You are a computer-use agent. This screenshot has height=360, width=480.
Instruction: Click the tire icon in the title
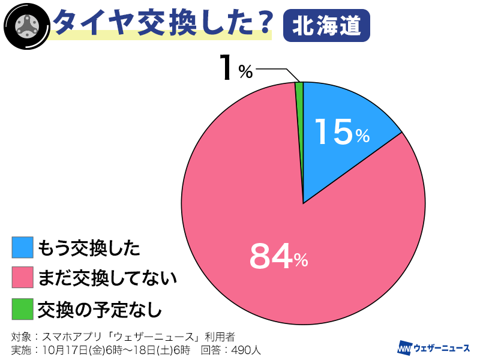[26, 26]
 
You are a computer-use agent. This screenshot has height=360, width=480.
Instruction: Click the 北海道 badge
[326, 26]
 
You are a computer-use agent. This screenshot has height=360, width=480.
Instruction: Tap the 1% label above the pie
[235, 69]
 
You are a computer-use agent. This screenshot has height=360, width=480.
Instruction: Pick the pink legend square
[22, 278]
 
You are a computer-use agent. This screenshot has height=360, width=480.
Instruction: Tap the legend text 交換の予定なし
[100, 310]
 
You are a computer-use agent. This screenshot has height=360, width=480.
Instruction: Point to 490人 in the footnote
[247, 349]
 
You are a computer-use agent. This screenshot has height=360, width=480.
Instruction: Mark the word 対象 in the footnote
[21, 336]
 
